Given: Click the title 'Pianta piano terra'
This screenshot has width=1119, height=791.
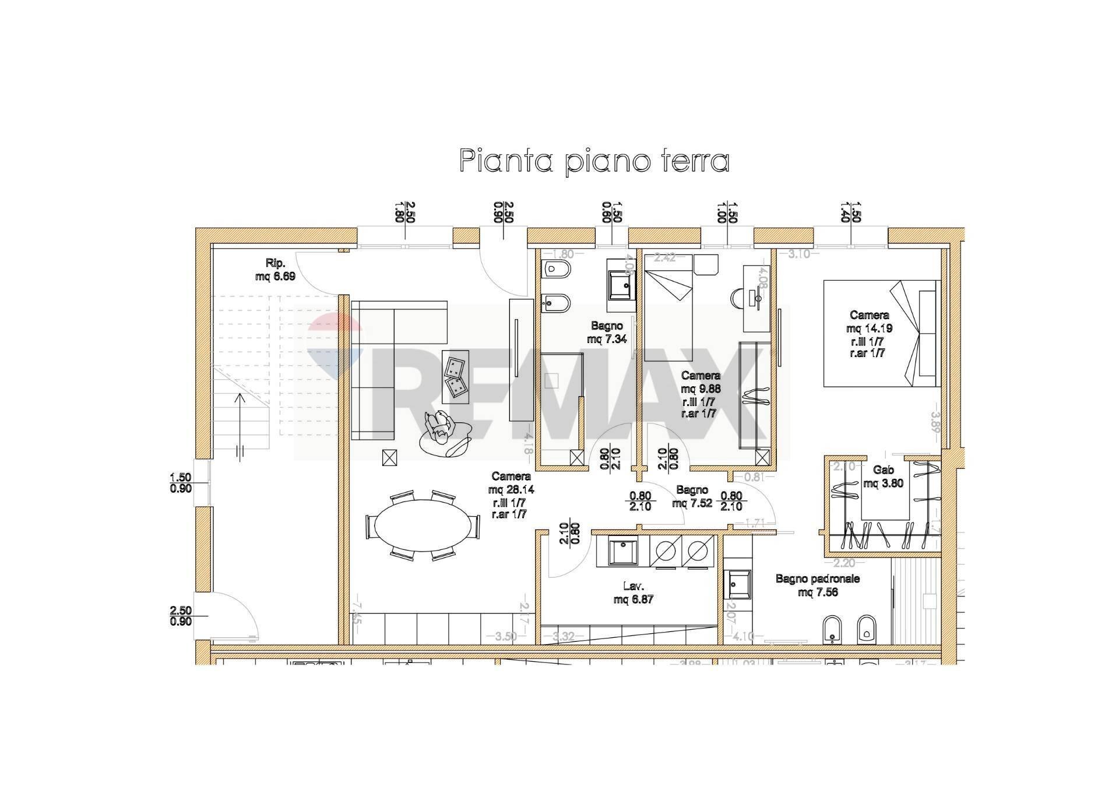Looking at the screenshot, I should [x=594, y=160].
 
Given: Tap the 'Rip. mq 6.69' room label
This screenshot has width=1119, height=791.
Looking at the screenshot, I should [x=275, y=270].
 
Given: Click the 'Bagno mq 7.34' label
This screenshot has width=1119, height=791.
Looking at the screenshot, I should [x=607, y=332].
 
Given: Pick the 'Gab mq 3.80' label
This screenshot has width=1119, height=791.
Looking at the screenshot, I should [x=884, y=476].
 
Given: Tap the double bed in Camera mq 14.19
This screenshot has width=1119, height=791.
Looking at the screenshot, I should [x=879, y=333].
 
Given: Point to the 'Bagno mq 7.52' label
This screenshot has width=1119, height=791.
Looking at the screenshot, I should [x=692, y=496].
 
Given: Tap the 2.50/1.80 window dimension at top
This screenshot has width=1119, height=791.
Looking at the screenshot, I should [x=405, y=213].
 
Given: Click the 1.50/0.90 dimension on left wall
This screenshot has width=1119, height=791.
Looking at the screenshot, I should [x=181, y=483].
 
